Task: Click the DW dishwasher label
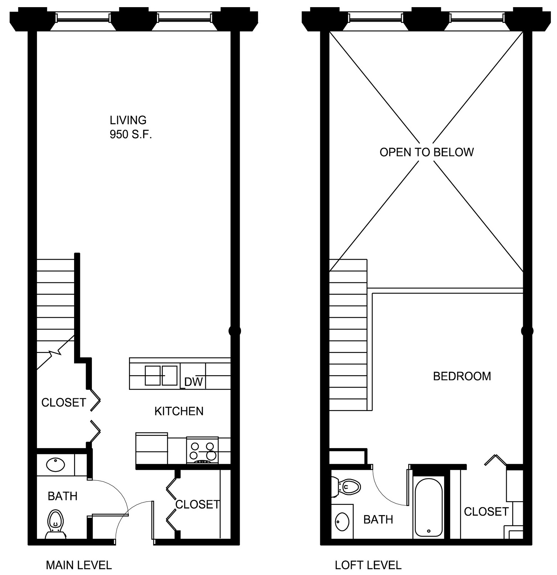pyautogui.click(x=194, y=382)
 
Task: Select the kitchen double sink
pyautogui.click(x=161, y=375)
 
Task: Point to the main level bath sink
pyautogui.click(x=56, y=464)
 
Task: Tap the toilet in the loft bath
pyautogui.click(x=346, y=486)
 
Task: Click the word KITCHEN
pyautogui.click(x=179, y=411)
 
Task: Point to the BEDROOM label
pyautogui.click(x=462, y=376)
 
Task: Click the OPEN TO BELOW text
pyautogui.click(x=427, y=152)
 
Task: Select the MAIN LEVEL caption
pyautogui.click(x=79, y=565)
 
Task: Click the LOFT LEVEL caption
pyautogui.click(x=368, y=565)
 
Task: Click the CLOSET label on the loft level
pyautogui.click(x=486, y=512)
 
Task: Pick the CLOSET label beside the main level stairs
pyautogui.click(x=64, y=403)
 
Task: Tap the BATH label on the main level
pyautogui.click(x=62, y=496)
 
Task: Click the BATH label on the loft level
pyautogui.click(x=378, y=519)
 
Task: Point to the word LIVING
pyautogui.click(x=128, y=120)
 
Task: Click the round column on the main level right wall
pyautogui.click(x=234, y=331)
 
